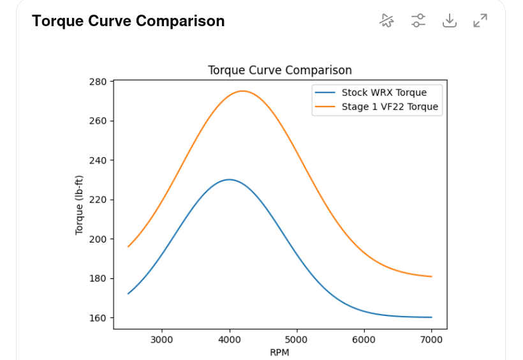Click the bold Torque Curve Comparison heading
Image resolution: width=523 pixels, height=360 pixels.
pos(128,21)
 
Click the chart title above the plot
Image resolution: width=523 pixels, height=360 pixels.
pos(279,70)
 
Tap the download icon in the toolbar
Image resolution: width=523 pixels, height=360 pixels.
pos(450,20)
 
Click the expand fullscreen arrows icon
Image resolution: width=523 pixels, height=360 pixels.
pos(480,20)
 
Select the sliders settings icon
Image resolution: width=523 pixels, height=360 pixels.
pos(418,20)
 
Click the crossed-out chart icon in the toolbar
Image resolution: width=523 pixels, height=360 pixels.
pos(386,20)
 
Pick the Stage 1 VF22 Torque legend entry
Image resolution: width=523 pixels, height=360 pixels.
pos(390,107)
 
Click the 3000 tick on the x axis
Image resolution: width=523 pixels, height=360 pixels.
pos(162,340)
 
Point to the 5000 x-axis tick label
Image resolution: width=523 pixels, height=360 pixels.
pos(297,340)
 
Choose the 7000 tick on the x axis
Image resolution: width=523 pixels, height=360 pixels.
pos(432,340)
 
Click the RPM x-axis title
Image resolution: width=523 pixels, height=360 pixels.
pos(279,352)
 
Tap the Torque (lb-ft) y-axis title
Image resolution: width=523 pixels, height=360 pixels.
pos(80,204)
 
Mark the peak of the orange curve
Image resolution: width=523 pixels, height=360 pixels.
pos(243,91)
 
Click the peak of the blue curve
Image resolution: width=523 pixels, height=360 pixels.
pos(230,179)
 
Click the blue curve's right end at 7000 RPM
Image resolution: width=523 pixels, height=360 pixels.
pos(432,317)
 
